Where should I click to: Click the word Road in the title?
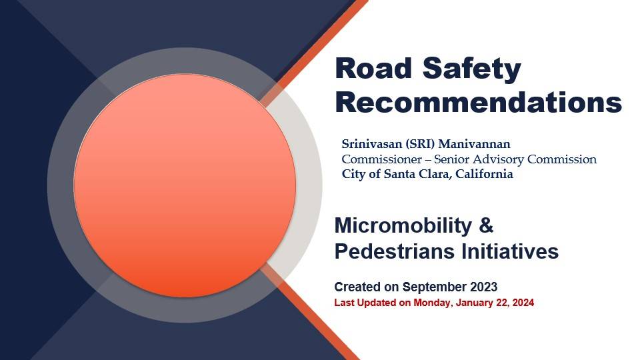pos(373,68)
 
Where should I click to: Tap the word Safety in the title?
pos(472,69)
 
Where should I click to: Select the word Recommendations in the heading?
pos(479,103)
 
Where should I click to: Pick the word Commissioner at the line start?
pos(381,159)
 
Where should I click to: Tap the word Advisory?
pos(499,159)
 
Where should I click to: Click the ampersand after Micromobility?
pos(486,225)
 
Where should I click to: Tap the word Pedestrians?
pos(395,251)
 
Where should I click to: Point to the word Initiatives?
pos(510,251)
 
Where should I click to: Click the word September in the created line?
pos(434,287)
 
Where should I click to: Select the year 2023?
pos(484,287)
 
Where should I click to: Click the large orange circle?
pos(185,186)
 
